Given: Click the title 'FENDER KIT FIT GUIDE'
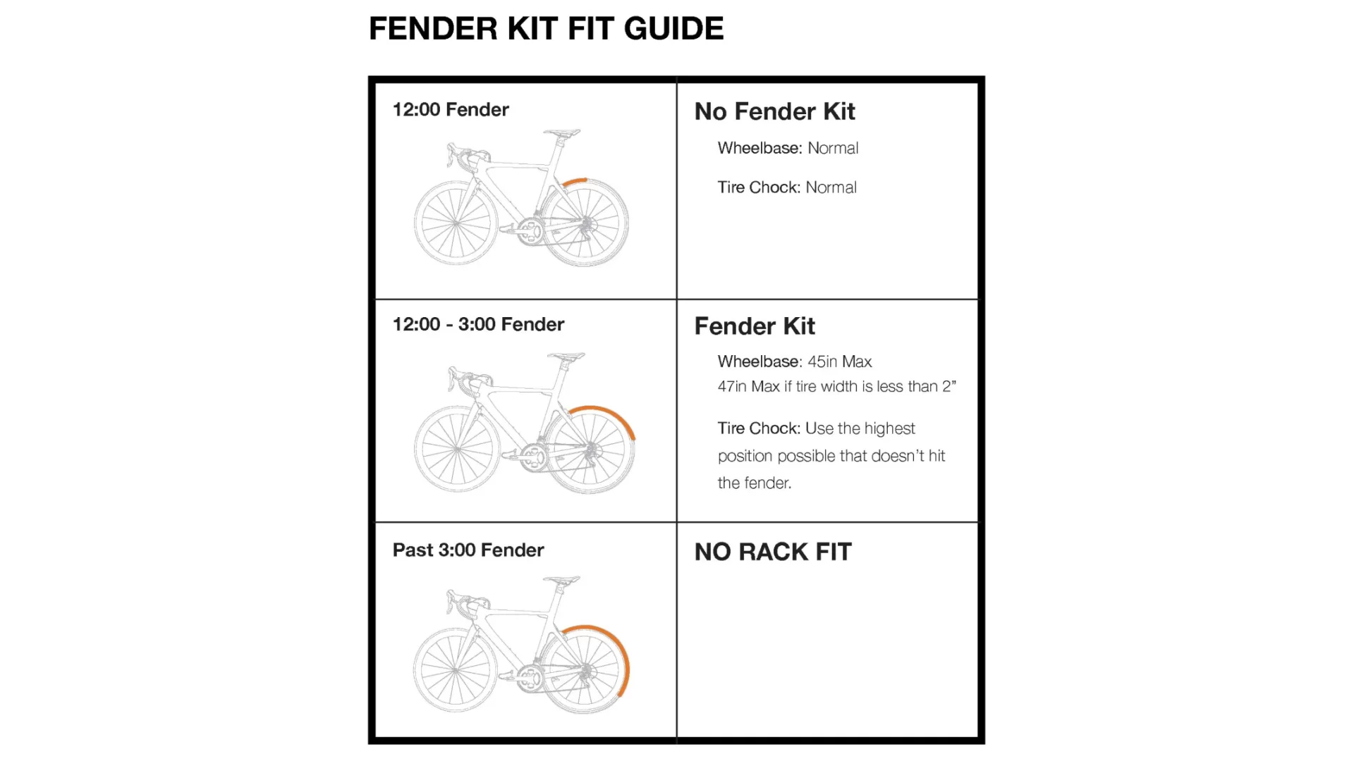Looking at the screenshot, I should pos(546,29).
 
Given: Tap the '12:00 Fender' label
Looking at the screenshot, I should pos(451,110).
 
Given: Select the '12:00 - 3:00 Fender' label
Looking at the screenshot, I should pos(478,324).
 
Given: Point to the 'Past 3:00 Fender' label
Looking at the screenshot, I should pos(468,550).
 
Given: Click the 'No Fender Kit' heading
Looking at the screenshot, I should pos(774,111).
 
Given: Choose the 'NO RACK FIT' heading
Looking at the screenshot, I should pos(773,552).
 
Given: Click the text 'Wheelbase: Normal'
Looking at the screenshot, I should pos(788,148).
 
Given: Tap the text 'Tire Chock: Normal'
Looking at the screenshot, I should pos(787,187).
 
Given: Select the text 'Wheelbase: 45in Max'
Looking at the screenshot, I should pos(795,361).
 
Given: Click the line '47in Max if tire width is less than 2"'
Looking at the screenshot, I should pos(836,386).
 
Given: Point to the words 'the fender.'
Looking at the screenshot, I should pos(755,483).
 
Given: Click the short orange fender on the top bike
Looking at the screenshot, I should pos(575,182).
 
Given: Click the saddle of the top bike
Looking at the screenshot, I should pos(562,132).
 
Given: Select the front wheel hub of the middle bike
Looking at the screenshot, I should pos(457,449).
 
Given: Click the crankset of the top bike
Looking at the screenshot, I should pos(528,230).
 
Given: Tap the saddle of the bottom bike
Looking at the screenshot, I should pos(562,581).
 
